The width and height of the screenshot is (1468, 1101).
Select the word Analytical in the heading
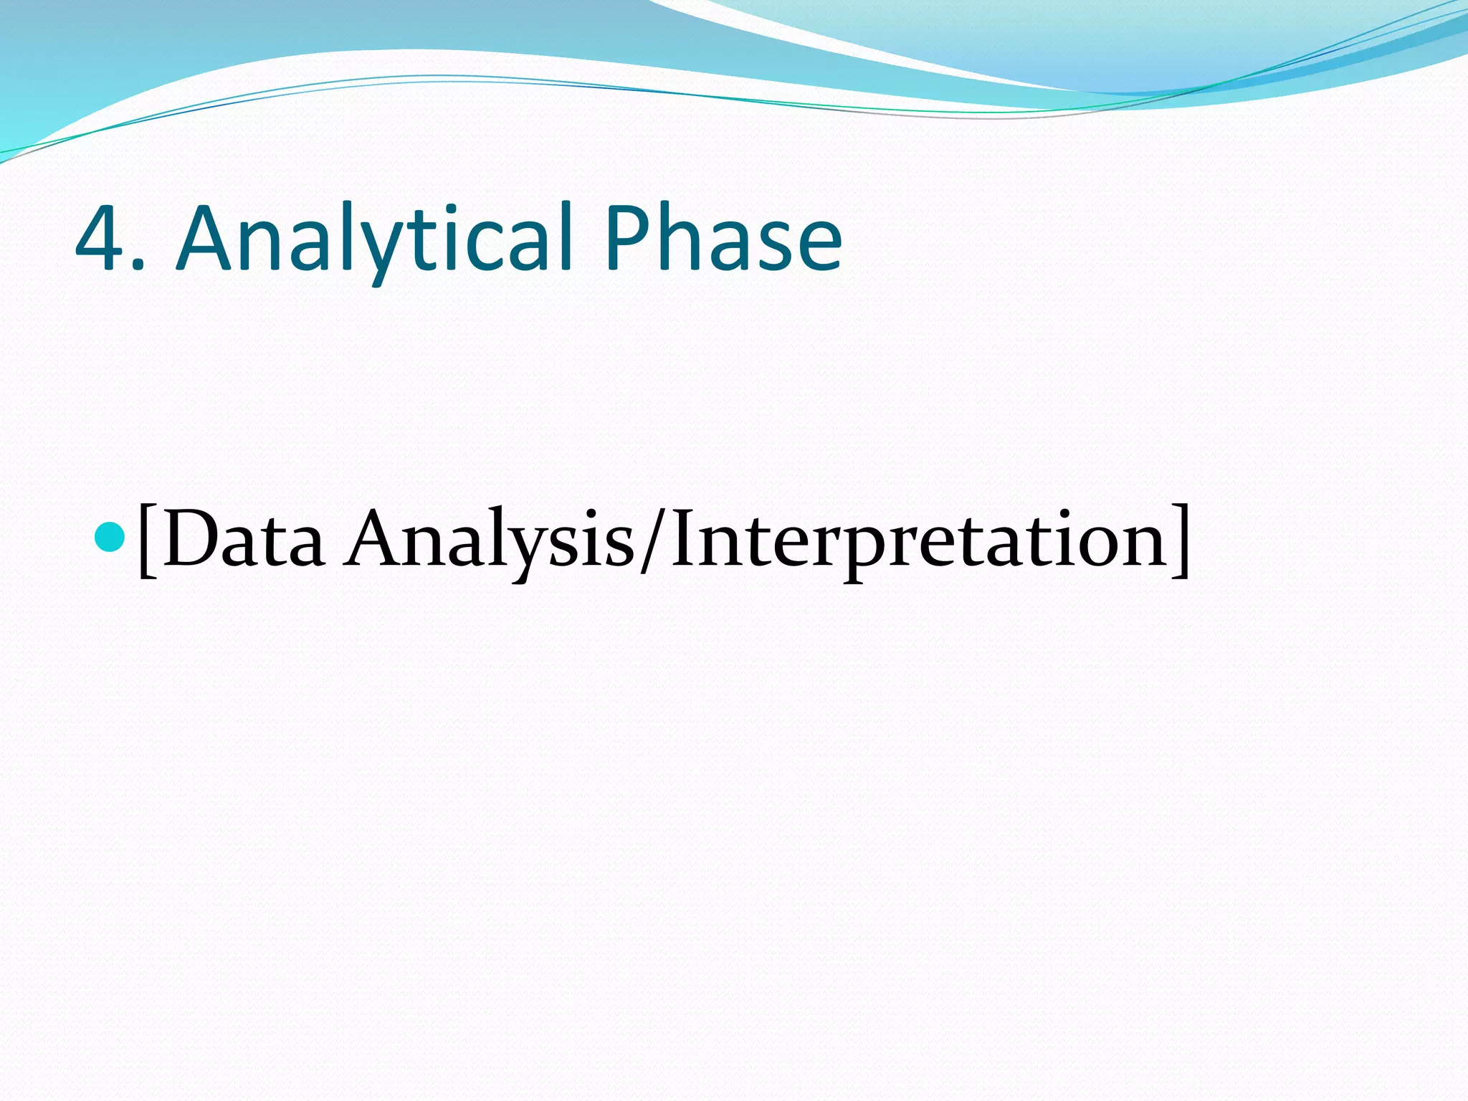click(373, 239)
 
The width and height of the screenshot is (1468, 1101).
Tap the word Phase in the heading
click(722, 239)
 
